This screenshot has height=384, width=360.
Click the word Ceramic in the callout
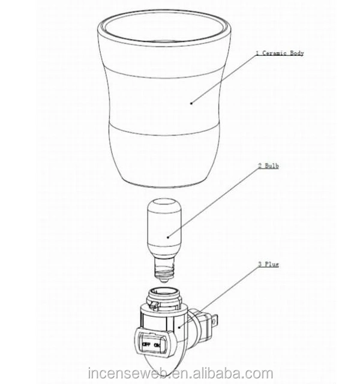274,53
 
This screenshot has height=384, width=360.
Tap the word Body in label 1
297,53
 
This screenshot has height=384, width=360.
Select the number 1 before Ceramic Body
257,53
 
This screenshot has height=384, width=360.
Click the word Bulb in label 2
272,166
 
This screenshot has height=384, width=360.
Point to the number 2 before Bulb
260,166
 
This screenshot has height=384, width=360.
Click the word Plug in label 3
272,265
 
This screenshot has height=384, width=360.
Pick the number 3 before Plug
260,264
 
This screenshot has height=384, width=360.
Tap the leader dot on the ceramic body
191,103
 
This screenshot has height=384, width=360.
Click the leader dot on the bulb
168,237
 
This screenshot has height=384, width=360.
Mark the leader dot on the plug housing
179,327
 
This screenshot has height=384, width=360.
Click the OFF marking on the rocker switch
146,344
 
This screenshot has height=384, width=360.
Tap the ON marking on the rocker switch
157,346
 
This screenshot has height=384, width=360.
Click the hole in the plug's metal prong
215,321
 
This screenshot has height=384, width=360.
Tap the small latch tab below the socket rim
154,305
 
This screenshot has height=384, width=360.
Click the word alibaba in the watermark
221,373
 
